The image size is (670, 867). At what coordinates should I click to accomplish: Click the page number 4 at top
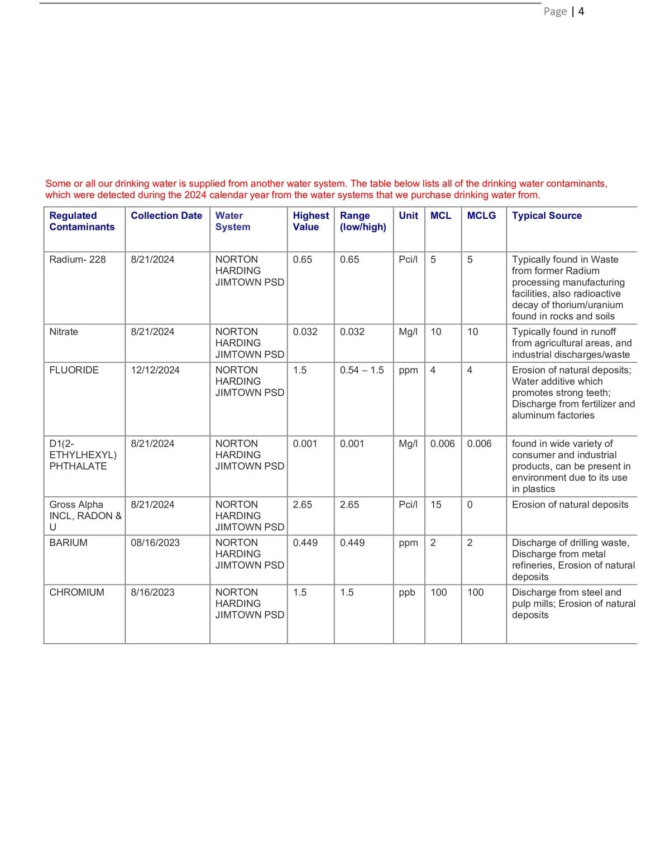click(x=581, y=11)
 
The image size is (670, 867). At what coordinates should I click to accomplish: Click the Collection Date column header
click(x=166, y=215)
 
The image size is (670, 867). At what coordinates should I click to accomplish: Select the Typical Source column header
click(x=547, y=215)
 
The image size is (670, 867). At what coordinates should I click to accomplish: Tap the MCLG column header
click(x=481, y=215)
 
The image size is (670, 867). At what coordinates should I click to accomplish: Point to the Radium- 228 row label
click(x=77, y=259)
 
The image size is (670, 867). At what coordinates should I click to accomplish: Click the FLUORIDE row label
click(x=74, y=370)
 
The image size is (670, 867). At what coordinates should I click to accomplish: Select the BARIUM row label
click(x=68, y=542)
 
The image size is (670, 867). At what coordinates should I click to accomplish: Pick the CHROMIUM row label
click(x=76, y=592)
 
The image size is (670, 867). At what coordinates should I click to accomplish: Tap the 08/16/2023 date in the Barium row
click(x=155, y=542)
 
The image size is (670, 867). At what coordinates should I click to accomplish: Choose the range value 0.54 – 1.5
click(x=362, y=370)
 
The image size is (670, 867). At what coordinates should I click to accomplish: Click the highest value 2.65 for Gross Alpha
click(x=303, y=504)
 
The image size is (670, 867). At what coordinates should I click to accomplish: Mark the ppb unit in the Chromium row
click(x=407, y=592)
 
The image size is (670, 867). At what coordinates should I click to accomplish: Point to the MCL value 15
click(x=435, y=504)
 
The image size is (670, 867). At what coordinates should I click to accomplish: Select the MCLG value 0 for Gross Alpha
click(x=470, y=504)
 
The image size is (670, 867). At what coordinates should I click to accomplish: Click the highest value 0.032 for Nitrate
click(x=305, y=331)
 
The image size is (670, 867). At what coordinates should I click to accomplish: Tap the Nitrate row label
click(x=64, y=331)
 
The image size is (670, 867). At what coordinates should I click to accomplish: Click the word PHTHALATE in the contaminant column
click(x=78, y=466)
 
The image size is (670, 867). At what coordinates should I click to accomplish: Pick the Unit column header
click(x=408, y=215)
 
